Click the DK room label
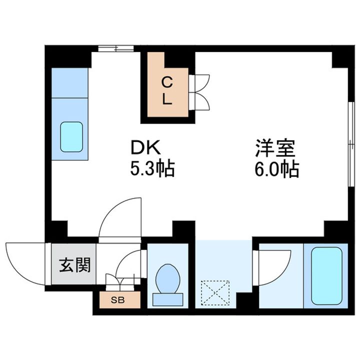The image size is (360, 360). [x=145, y=148]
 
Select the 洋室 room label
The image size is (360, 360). [x=276, y=148]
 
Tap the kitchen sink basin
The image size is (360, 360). [x=71, y=136]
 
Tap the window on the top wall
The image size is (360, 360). [x=115, y=48]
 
